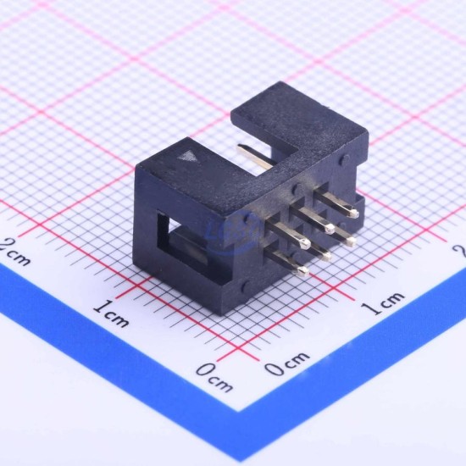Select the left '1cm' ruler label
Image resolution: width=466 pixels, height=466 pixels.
point(111,314)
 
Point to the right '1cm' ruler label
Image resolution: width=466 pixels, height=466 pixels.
point(385,302)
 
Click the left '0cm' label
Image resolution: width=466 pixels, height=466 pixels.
point(214,377)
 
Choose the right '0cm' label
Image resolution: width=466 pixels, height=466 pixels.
point(286,363)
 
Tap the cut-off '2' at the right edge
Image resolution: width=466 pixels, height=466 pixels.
point(461,251)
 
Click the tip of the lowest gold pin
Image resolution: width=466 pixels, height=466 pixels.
point(303,270)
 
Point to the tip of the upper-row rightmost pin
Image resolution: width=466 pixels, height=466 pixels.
point(353,213)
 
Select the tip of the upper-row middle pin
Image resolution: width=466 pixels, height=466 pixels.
point(330,228)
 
